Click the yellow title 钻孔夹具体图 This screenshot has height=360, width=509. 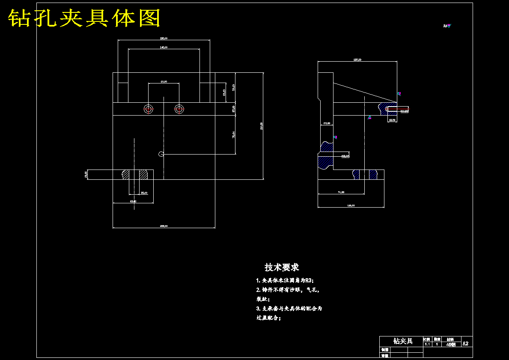coord(84,18)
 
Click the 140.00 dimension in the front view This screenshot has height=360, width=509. coord(164,47)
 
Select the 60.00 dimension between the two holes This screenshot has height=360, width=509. coord(164,81)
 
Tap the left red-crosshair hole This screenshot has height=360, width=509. coord(149,109)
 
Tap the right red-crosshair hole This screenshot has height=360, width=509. coord(179,109)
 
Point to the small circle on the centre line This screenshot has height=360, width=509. coord(161,154)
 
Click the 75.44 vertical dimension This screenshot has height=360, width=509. coord(233,134)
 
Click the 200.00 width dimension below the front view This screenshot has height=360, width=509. coord(164,226)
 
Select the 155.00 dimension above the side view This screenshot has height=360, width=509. coord(357,60)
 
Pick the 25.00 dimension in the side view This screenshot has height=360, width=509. coord(327,123)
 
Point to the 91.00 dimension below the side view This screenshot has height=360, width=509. coord(341,192)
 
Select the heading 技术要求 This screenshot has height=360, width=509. coord(282,268)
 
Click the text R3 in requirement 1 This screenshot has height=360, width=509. coord(309,280)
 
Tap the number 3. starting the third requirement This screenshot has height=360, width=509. coord(258,308)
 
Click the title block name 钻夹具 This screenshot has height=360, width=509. coord(403,341)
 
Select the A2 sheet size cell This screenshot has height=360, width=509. coord(465,344)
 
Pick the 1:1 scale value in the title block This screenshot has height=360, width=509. coord(427,344)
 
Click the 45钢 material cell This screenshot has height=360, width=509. coord(451,344)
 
